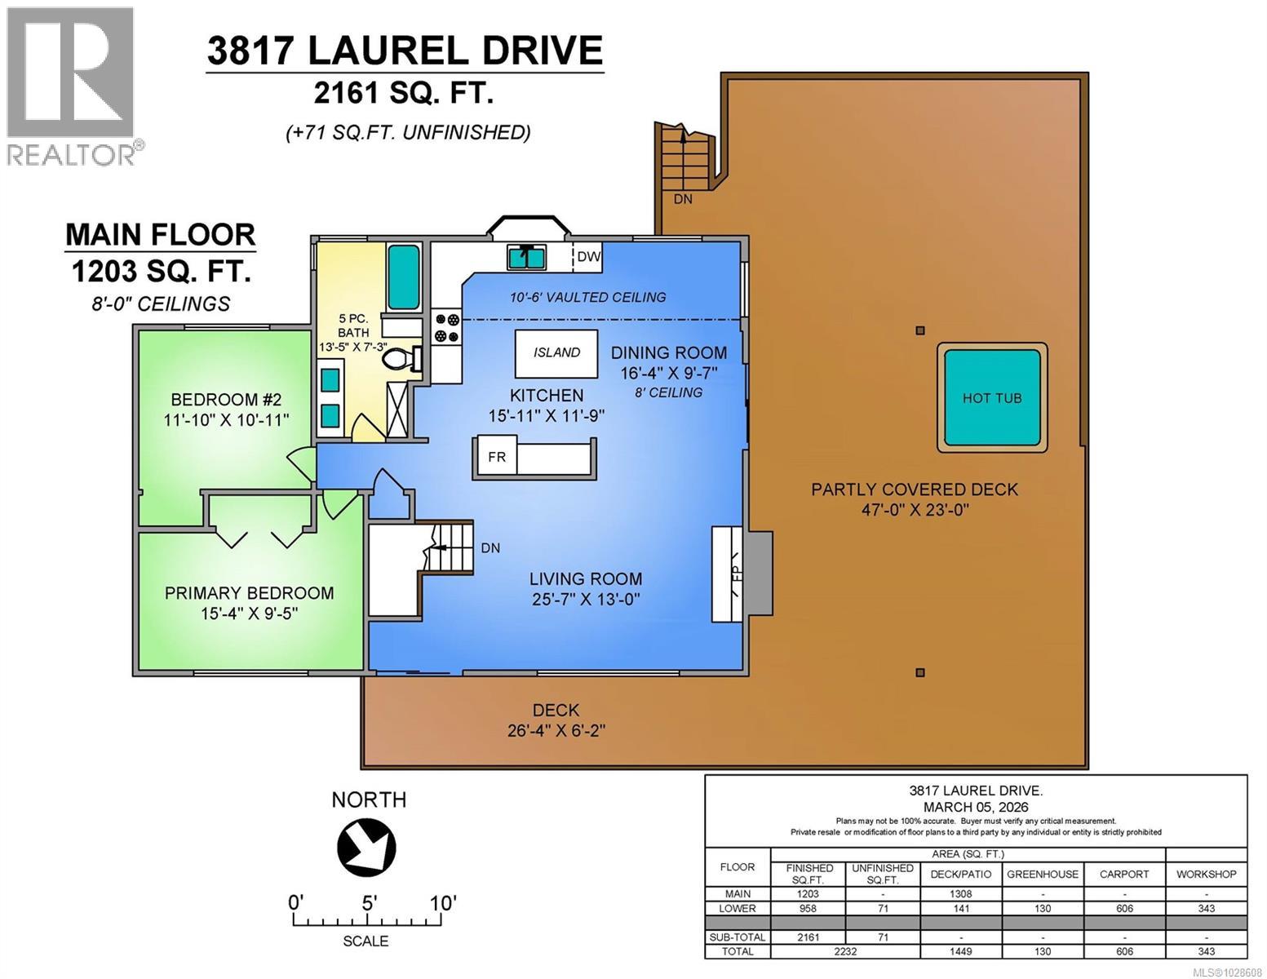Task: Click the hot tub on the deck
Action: click(991, 397)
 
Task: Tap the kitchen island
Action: click(556, 352)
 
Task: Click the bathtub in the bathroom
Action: click(403, 277)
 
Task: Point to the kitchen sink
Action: click(527, 257)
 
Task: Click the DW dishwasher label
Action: click(588, 256)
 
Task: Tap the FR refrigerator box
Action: click(496, 457)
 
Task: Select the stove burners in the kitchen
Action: click(446, 327)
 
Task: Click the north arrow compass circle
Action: click(367, 845)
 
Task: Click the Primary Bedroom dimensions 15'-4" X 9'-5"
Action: click(250, 613)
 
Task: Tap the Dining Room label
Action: click(668, 352)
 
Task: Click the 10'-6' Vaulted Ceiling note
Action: click(587, 298)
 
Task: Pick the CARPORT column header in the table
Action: click(1123, 874)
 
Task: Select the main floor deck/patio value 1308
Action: click(960, 894)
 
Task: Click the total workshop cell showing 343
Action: click(1206, 951)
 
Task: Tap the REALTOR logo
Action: click(72, 86)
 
